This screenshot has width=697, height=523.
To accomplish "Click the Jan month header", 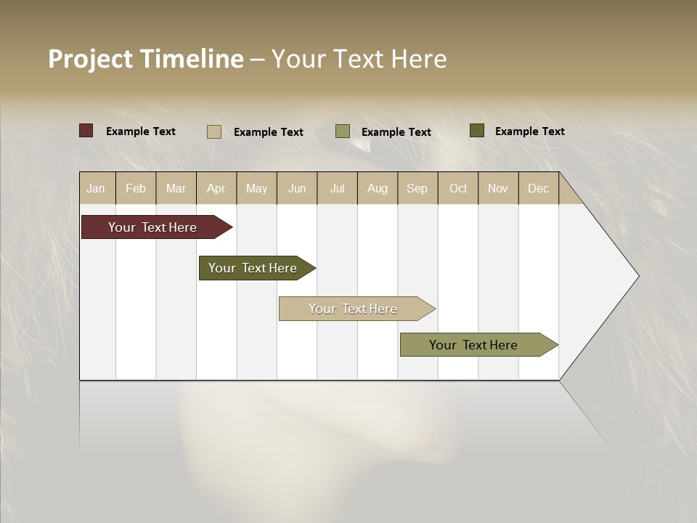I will pos(96,188).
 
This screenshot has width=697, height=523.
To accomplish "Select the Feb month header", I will pos(136,188).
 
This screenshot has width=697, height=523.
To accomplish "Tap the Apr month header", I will pos(216,188).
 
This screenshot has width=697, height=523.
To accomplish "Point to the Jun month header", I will pos(297,188).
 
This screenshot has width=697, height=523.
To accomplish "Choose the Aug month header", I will pos(377,188).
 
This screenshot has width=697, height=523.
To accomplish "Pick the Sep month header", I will pos(417,188).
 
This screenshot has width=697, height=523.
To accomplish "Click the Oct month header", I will pos(458,188).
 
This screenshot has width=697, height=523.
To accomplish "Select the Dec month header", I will pos(538,188).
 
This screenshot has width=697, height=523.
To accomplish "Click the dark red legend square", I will pos(86,131).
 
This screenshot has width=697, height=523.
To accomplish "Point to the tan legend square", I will pos(214,131).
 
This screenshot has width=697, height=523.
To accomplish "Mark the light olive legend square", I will pos(343,131).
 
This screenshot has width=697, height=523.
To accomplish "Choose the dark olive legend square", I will pos(477,131).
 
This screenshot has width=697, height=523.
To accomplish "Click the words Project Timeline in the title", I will pos(145,59).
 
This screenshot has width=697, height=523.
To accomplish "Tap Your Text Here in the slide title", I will pos(359,59).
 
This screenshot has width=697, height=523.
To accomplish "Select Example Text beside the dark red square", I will pos(141,131).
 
